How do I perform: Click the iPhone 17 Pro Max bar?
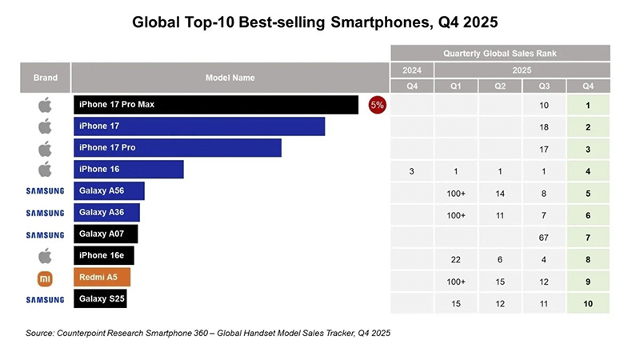(216, 105)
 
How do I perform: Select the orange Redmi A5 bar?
(102, 277)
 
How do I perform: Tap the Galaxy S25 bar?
(100, 298)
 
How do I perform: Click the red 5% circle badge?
(377, 105)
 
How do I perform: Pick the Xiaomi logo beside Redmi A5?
(46, 277)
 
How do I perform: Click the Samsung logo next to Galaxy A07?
(45, 234)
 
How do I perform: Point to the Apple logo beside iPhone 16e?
(46, 255)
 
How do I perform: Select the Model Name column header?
(230, 78)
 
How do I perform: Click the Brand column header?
(46, 78)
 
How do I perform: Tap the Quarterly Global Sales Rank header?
(500, 53)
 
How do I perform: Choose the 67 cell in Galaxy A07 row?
(544, 234)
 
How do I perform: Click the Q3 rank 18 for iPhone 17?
(544, 126)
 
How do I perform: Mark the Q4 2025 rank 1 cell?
(588, 105)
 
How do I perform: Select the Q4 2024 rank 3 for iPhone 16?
(412, 170)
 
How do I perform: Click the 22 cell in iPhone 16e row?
(456, 255)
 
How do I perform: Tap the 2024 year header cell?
(412, 70)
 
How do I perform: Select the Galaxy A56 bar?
(109, 190)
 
